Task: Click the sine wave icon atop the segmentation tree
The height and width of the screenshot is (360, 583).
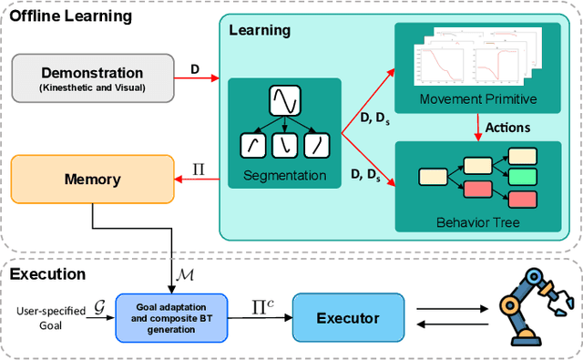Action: click(285, 100)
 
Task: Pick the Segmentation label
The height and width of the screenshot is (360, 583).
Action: click(285, 173)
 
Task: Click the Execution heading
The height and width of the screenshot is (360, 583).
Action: click(46, 273)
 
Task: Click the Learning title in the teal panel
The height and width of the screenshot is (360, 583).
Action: click(261, 30)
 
